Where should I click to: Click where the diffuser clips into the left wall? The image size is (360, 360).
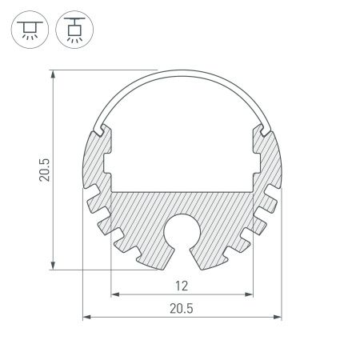(99, 128)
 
